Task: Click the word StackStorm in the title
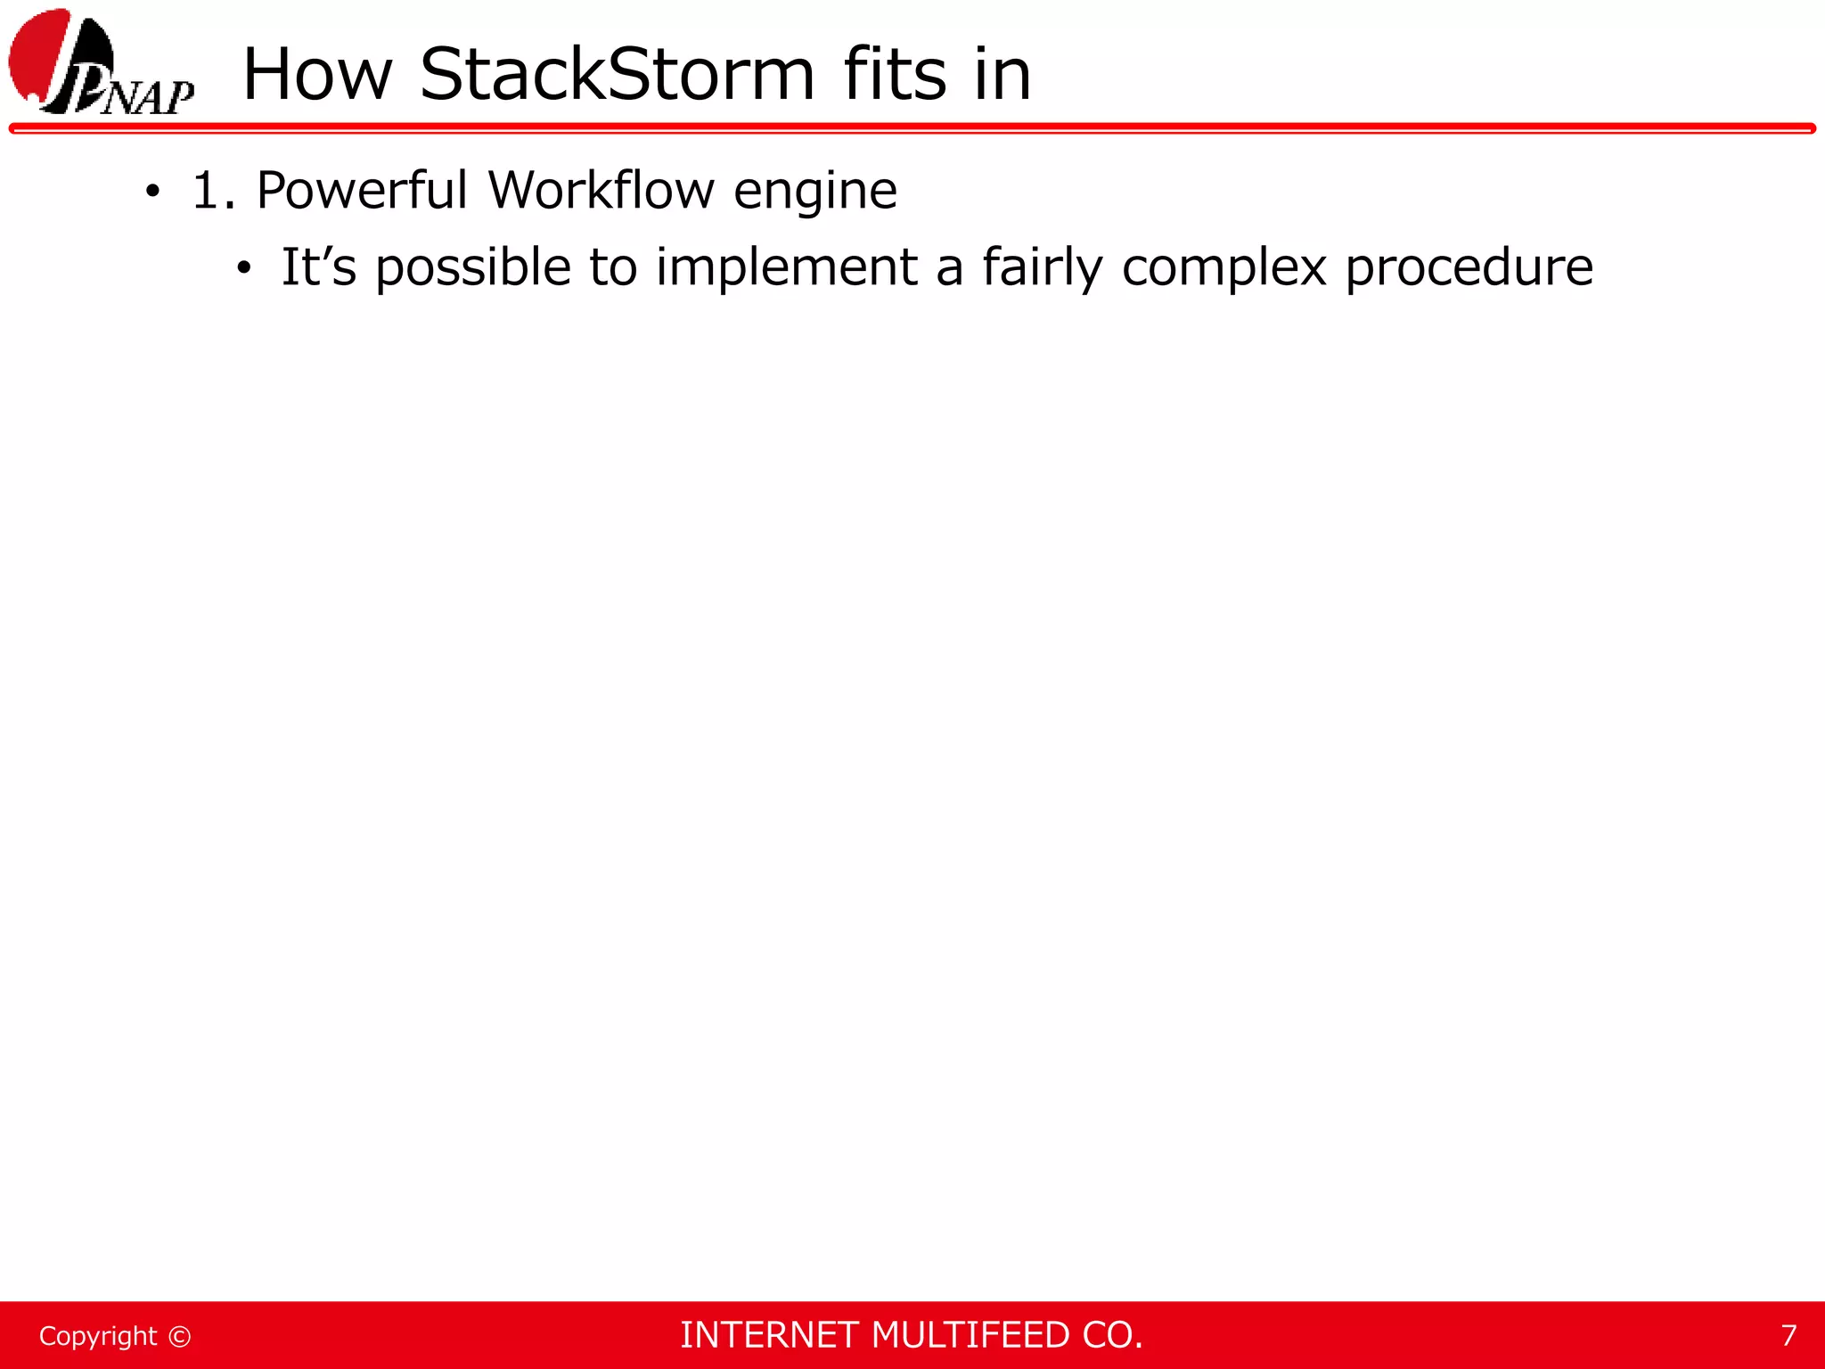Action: tap(617, 74)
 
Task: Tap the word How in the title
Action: tap(317, 74)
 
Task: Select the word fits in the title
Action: tap(894, 74)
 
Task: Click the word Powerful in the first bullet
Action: tap(361, 190)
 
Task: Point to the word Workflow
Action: tap(602, 190)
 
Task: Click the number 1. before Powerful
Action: tap(213, 191)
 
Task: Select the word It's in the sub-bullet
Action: tap(318, 266)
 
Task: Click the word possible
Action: tap(472, 268)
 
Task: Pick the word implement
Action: tap(786, 268)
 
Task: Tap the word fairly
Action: tap(1042, 268)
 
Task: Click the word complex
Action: tap(1223, 268)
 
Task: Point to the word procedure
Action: tap(1469, 268)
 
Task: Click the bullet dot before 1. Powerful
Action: tap(153, 191)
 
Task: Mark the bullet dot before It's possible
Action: tap(244, 267)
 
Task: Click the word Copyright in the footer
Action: tap(98, 1336)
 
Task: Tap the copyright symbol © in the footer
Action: tap(179, 1336)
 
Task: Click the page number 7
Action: tap(1788, 1335)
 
